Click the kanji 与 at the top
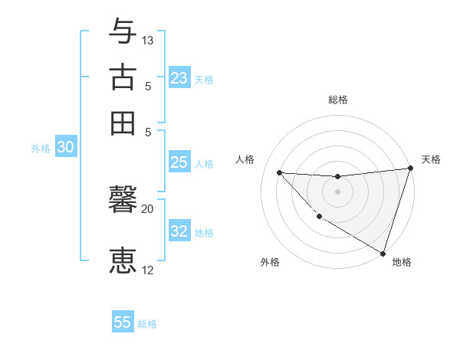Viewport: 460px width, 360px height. pyautogui.click(x=123, y=31)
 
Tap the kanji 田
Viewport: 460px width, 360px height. pyautogui.click(x=123, y=123)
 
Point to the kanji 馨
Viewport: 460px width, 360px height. pyautogui.click(x=123, y=201)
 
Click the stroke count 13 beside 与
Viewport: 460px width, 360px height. pyautogui.click(x=148, y=40)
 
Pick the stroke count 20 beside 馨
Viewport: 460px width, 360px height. pyautogui.click(x=148, y=208)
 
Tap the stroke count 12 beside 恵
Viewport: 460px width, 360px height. pyautogui.click(x=148, y=270)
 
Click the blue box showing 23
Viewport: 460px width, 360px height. pyautogui.click(x=179, y=78)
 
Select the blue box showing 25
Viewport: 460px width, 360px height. pyautogui.click(x=179, y=162)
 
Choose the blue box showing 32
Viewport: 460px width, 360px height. pyautogui.click(x=179, y=231)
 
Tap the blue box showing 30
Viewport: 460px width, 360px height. pyautogui.click(x=65, y=148)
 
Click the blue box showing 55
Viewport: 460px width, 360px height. pyautogui.click(x=123, y=322)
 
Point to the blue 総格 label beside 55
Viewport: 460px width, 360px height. pyautogui.click(x=147, y=324)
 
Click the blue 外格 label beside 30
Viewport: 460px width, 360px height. pyautogui.click(x=41, y=149)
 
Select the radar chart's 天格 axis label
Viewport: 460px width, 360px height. pyautogui.click(x=431, y=159)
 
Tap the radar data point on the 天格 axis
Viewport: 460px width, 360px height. pyautogui.click(x=410, y=169)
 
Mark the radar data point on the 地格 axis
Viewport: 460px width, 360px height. pyautogui.click(x=383, y=252)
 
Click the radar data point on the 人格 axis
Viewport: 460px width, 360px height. pyautogui.click(x=279, y=172)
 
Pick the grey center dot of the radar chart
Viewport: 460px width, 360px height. pyautogui.click(x=337, y=191)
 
